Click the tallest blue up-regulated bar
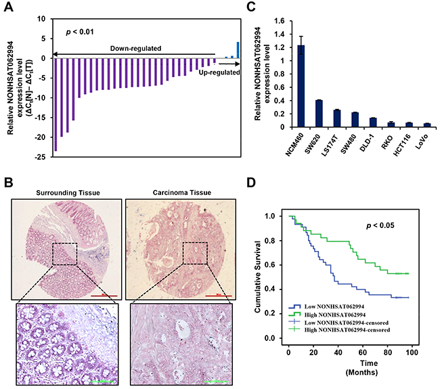tap(238, 50)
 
